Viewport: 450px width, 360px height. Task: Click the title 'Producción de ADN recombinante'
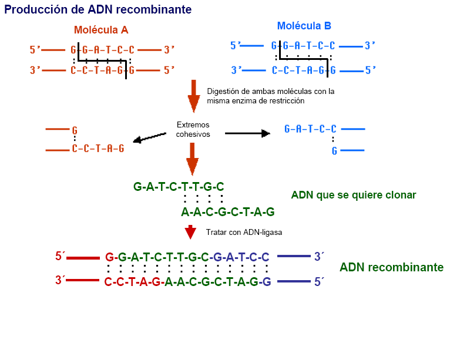[x=98, y=9]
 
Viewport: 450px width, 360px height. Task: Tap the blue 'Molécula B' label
[x=304, y=26]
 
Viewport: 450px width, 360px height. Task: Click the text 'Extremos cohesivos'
[x=193, y=130]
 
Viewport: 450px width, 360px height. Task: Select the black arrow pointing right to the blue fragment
[x=247, y=133]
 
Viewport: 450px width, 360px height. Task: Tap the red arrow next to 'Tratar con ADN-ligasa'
[x=190, y=233]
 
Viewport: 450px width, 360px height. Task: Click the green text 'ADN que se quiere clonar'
[x=353, y=195]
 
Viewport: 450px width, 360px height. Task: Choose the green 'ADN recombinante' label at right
[x=391, y=268]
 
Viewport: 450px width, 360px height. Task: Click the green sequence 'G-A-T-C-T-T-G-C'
[x=179, y=187]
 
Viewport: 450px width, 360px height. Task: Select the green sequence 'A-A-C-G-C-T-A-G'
[x=228, y=212]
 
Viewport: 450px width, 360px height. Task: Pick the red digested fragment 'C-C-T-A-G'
[x=98, y=149]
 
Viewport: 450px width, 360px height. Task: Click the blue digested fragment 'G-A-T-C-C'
[x=310, y=129]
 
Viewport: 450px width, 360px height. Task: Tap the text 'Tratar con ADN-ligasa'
[x=244, y=233]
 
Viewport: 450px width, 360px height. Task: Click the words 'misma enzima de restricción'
[x=256, y=101]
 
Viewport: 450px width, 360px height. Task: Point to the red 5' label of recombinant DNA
[x=60, y=257]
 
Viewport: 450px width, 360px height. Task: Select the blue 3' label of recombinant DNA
[x=320, y=257]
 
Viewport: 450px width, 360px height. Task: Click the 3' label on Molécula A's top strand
[x=169, y=50]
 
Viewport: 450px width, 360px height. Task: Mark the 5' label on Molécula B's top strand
[x=236, y=46]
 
